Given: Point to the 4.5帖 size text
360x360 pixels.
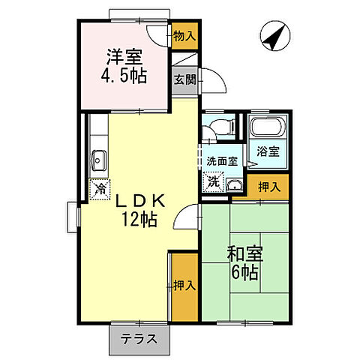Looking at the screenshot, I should click(x=123, y=75).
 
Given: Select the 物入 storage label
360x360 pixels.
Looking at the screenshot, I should click(x=184, y=35).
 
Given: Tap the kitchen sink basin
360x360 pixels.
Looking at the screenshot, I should click(x=98, y=158).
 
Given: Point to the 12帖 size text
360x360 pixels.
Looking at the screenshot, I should click(x=140, y=220).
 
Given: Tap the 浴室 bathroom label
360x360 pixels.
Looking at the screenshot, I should click(x=268, y=151).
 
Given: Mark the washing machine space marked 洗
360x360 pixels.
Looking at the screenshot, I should click(x=214, y=181).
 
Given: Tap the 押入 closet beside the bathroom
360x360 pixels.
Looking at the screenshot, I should click(x=268, y=187).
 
